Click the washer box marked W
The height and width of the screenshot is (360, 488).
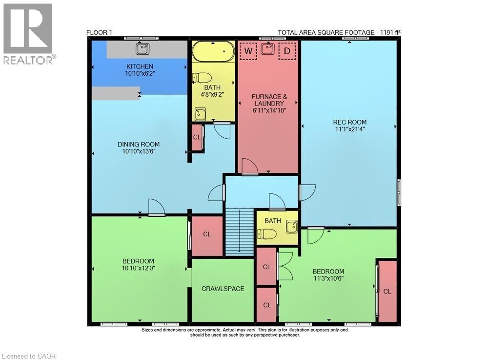point(248,50)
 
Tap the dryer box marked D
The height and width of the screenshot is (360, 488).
point(287,50)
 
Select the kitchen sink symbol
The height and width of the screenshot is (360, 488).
point(143,48)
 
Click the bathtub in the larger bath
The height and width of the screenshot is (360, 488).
point(213,51)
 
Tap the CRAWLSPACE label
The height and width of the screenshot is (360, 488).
point(223,289)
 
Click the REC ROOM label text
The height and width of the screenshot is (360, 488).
point(349,122)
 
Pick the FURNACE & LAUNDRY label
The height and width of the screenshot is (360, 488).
point(267,100)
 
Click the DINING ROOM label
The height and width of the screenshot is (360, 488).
point(139,144)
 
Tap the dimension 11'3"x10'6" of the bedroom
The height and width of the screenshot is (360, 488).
point(328,279)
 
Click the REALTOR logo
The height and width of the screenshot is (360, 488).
point(28,34)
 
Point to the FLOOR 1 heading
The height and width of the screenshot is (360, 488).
point(99,33)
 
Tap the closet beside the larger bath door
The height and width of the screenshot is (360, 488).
point(197,137)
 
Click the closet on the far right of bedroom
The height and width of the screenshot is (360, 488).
point(387,291)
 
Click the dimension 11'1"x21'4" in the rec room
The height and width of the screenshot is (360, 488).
point(349,129)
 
